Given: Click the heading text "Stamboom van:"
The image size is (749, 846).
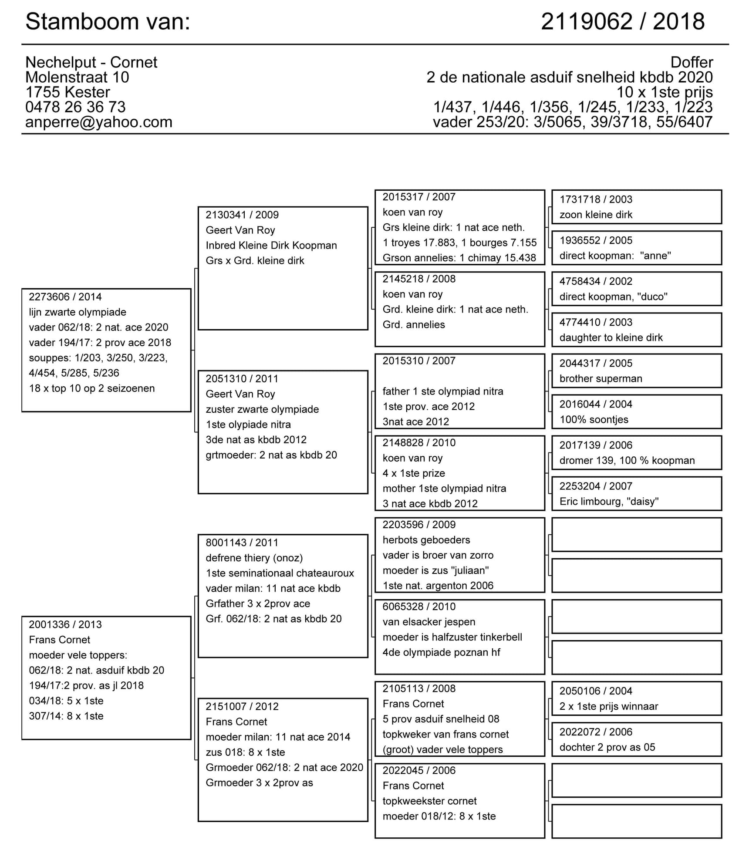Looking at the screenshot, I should (x=108, y=22).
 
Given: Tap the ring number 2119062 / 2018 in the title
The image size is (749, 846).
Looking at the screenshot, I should (x=622, y=22).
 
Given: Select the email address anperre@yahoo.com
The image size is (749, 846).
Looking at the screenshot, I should (x=99, y=122).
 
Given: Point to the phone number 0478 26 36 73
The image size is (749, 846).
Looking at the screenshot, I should (x=75, y=107).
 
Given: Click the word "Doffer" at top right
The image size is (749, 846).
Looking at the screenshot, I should (x=692, y=62).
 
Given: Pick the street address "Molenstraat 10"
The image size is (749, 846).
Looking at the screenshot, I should (x=77, y=78).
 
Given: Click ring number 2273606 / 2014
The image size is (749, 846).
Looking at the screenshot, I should (x=65, y=297).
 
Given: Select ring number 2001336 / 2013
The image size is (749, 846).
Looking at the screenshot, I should (x=65, y=624).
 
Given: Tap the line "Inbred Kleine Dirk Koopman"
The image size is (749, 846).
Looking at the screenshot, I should (x=271, y=246).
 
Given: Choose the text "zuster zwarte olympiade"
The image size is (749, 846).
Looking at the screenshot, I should (x=262, y=409).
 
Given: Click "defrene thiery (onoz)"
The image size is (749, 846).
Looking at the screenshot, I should (x=254, y=558).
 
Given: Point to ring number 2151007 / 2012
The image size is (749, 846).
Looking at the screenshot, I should (x=242, y=706).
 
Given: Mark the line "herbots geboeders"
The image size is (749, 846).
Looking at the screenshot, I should (x=426, y=540).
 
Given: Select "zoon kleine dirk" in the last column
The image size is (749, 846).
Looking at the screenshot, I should (x=596, y=215).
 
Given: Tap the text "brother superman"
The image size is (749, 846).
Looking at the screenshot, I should (x=601, y=378).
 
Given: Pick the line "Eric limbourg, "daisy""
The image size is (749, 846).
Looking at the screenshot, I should (x=609, y=502).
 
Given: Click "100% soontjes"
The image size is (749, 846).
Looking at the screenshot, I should (x=594, y=420).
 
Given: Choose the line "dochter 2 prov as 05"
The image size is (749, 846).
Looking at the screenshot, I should (x=607, y=747).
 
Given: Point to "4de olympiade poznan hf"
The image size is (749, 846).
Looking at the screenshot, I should (x=442, y=652).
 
